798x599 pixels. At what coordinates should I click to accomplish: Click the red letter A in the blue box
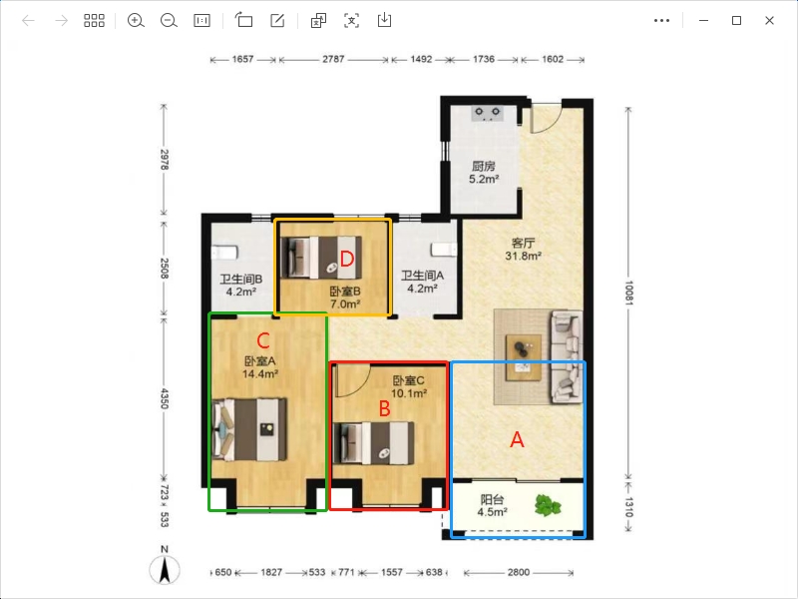click(x=517, y=439)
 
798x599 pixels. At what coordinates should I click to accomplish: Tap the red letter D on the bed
click(x=346, y=260)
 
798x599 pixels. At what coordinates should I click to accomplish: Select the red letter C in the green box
click(x=263, y=340)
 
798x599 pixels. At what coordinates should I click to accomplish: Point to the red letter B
click(x=385, y=408)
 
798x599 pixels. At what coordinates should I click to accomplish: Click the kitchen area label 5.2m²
click(x=484, y=180)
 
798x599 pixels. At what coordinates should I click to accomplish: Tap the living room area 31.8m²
click(x=523, y=256)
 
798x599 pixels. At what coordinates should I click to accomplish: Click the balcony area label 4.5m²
click(x=492, y=512)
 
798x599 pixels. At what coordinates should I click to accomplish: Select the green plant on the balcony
click(x=548, y=505)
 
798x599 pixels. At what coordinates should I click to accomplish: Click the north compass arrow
click(x=165, y=570)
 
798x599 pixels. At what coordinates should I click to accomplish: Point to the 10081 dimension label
click(x=629, y=293)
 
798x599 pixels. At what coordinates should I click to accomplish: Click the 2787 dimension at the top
click(x=333, y=59)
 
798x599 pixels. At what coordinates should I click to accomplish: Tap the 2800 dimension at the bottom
click(x=519, y=572)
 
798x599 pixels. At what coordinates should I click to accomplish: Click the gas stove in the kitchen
click(x=487, y=114)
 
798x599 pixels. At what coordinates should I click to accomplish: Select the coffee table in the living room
click(x=523, y=357)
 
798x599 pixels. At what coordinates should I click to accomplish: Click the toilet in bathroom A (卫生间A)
click(x=443, y=250)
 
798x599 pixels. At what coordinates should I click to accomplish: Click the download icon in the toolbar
click(x=384, y=20)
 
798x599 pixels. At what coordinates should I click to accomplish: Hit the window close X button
click(x=769, y=20)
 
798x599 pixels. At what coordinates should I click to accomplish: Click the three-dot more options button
click(x=661, y=20)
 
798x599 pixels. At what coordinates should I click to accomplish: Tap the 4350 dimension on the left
click(x=165, y=398)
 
